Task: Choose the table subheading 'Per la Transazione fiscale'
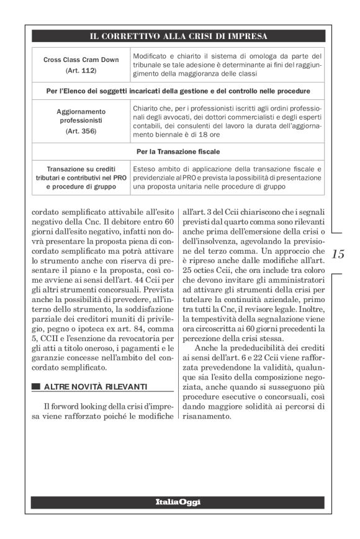[x=178, y=151]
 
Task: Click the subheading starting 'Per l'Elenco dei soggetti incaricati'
[x=178, y=91]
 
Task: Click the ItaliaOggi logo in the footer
[x=178, y=502]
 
